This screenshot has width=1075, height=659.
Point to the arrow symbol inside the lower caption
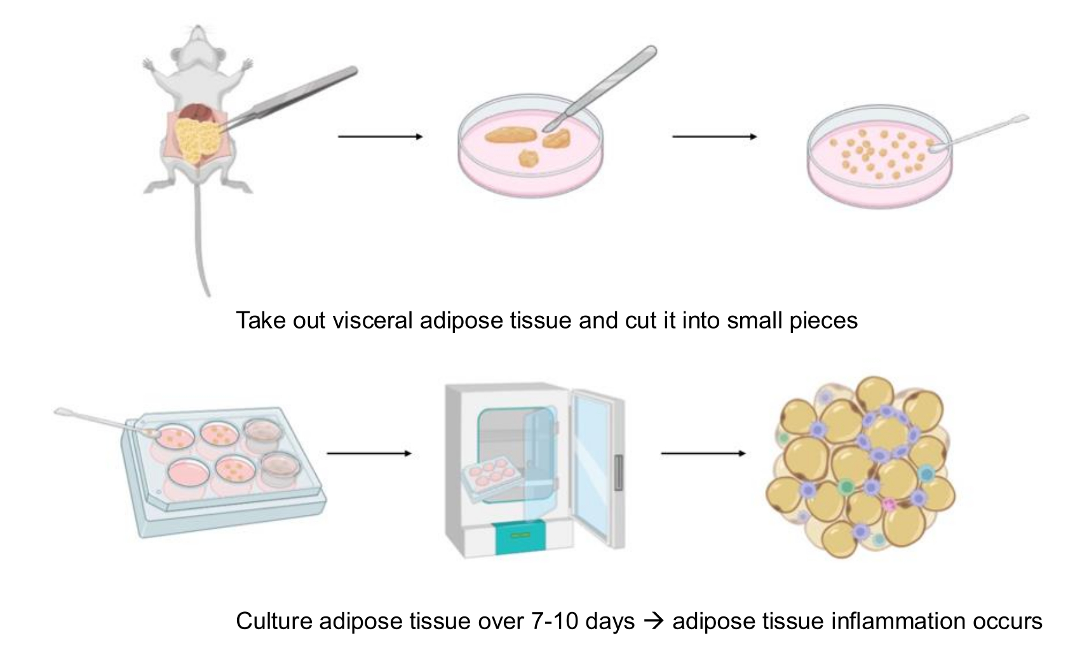654,622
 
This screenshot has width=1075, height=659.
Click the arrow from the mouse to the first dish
380,137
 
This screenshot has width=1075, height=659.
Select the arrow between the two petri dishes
714,137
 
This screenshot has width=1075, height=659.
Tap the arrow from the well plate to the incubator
369,454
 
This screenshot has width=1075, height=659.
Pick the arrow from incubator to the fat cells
703,454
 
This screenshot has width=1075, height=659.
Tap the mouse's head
197,43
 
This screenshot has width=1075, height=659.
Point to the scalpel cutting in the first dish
600,88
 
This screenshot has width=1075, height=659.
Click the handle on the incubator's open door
619,473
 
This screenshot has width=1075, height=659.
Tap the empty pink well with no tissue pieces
189,472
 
